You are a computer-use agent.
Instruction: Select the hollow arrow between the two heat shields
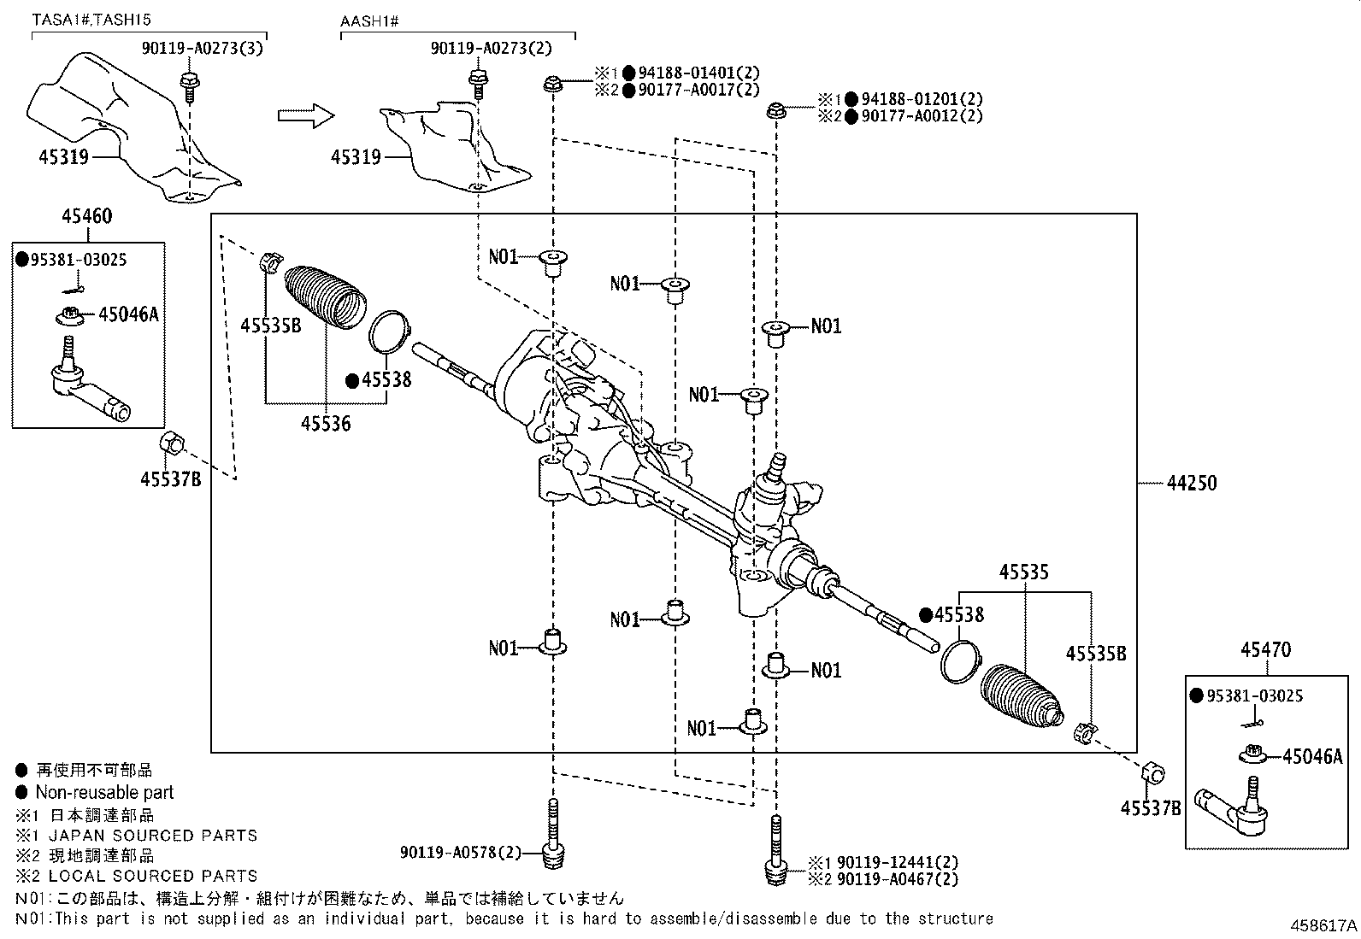pos(305,114)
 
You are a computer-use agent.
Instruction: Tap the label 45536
pos(325,422)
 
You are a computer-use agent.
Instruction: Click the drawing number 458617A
pos(1323,924)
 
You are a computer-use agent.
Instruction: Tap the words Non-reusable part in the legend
pos(104,792)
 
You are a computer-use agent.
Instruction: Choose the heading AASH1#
pos(370,19)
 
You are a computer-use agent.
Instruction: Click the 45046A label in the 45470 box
pos(1312,756)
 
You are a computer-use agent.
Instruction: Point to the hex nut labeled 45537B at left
pos(170,443)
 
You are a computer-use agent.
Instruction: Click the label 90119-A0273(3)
pos(202,49)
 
